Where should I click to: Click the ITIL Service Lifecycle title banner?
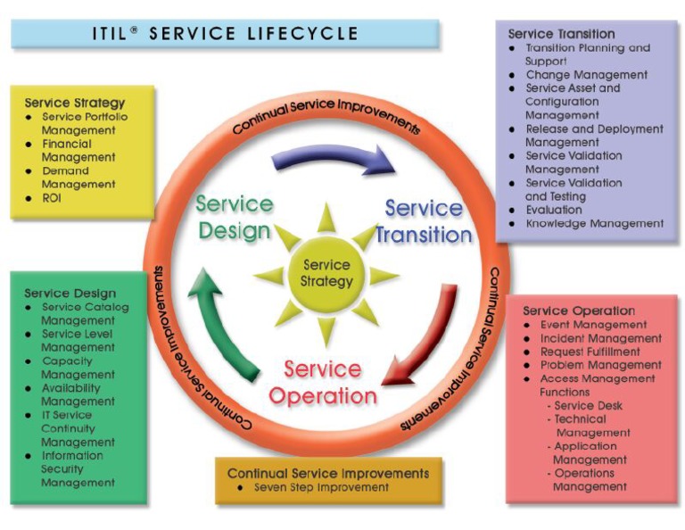(x=225, y=34)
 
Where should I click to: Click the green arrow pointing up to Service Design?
(x=224, y=321)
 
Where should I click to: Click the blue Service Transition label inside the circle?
(x=424, y=222)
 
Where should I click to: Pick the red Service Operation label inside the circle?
(x=322, y=382)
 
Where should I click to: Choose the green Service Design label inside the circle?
(x=233, y=217)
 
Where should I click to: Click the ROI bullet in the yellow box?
(x=52, y=197)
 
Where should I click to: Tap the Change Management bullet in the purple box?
(x=586, y=75)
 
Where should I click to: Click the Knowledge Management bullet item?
(x=594, y=223)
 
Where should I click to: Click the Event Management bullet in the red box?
(x=593, y=325)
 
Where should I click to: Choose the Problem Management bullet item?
(x=600, y=365)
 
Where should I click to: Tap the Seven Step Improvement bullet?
(x=321, y=487)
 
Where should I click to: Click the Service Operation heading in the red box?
(x=579, y=311)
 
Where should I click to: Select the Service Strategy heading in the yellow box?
(x=75, y=103)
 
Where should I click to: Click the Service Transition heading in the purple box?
(x=561, y=34)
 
